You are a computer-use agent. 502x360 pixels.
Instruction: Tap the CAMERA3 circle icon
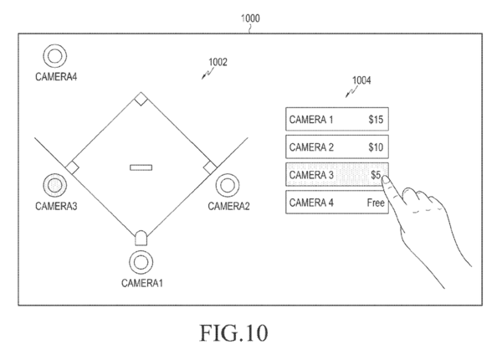coord(55,185)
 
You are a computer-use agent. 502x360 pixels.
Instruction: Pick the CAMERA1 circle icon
coord(140,262)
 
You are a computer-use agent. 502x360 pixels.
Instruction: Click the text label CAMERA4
coord(56,77)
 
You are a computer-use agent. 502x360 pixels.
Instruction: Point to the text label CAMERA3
coord(56,205)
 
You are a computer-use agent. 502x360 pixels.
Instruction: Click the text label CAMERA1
coord(141,283)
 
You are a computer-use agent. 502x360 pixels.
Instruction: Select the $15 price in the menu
coord(376,120)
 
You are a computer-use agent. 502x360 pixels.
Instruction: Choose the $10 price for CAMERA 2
coord(376,147)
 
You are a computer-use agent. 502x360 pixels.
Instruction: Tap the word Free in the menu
coord(375,203)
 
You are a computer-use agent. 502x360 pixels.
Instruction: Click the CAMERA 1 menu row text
coord(311,120)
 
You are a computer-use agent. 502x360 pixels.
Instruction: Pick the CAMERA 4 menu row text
coord(311,203)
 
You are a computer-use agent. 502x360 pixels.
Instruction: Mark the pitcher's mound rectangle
coord(141,167)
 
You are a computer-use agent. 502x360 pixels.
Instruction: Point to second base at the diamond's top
coord(141,100)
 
